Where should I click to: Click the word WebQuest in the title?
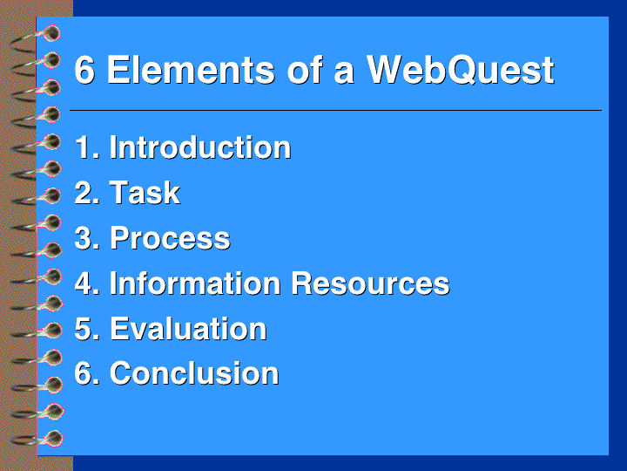point(461,70)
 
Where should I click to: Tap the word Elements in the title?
point(191,70)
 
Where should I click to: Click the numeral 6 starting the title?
point(84,70)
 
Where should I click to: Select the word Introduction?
point(200,147)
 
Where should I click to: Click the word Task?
point(145,193)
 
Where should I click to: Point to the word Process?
point(170,238)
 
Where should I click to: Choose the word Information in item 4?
point(195,283)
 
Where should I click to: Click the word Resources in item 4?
point(370,283)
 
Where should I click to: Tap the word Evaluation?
point(188,329)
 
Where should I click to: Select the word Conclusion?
point(194,373)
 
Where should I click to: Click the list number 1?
point(87,147)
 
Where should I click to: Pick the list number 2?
point(87,193)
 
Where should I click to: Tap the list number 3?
point(87,238)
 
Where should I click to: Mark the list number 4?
point(87,283)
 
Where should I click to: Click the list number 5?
point(87,329)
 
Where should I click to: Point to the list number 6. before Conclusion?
point(87,373)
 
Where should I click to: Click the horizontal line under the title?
point(335,110)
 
